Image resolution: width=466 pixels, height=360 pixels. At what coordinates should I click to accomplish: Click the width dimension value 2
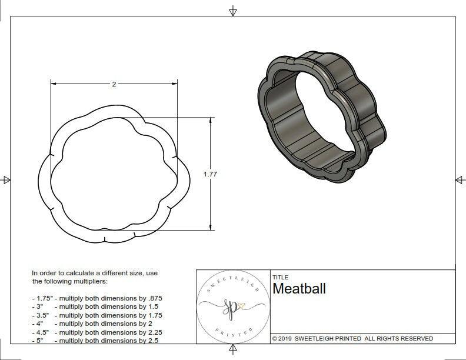click(114, 84)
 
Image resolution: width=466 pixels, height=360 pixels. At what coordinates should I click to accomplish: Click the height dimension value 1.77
click(211, 174)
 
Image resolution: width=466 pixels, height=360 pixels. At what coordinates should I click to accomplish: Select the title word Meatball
click(299, 289)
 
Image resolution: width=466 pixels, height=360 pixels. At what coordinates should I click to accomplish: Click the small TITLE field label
click(280, 277)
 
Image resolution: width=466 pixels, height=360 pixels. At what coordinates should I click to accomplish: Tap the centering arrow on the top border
click(233, 11)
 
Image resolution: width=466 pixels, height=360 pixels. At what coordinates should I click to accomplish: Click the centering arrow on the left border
click(6, 179)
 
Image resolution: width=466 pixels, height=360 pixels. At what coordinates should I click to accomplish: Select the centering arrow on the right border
click(459, 179)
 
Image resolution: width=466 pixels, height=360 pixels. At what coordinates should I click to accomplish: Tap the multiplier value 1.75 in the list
click(151, 315)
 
